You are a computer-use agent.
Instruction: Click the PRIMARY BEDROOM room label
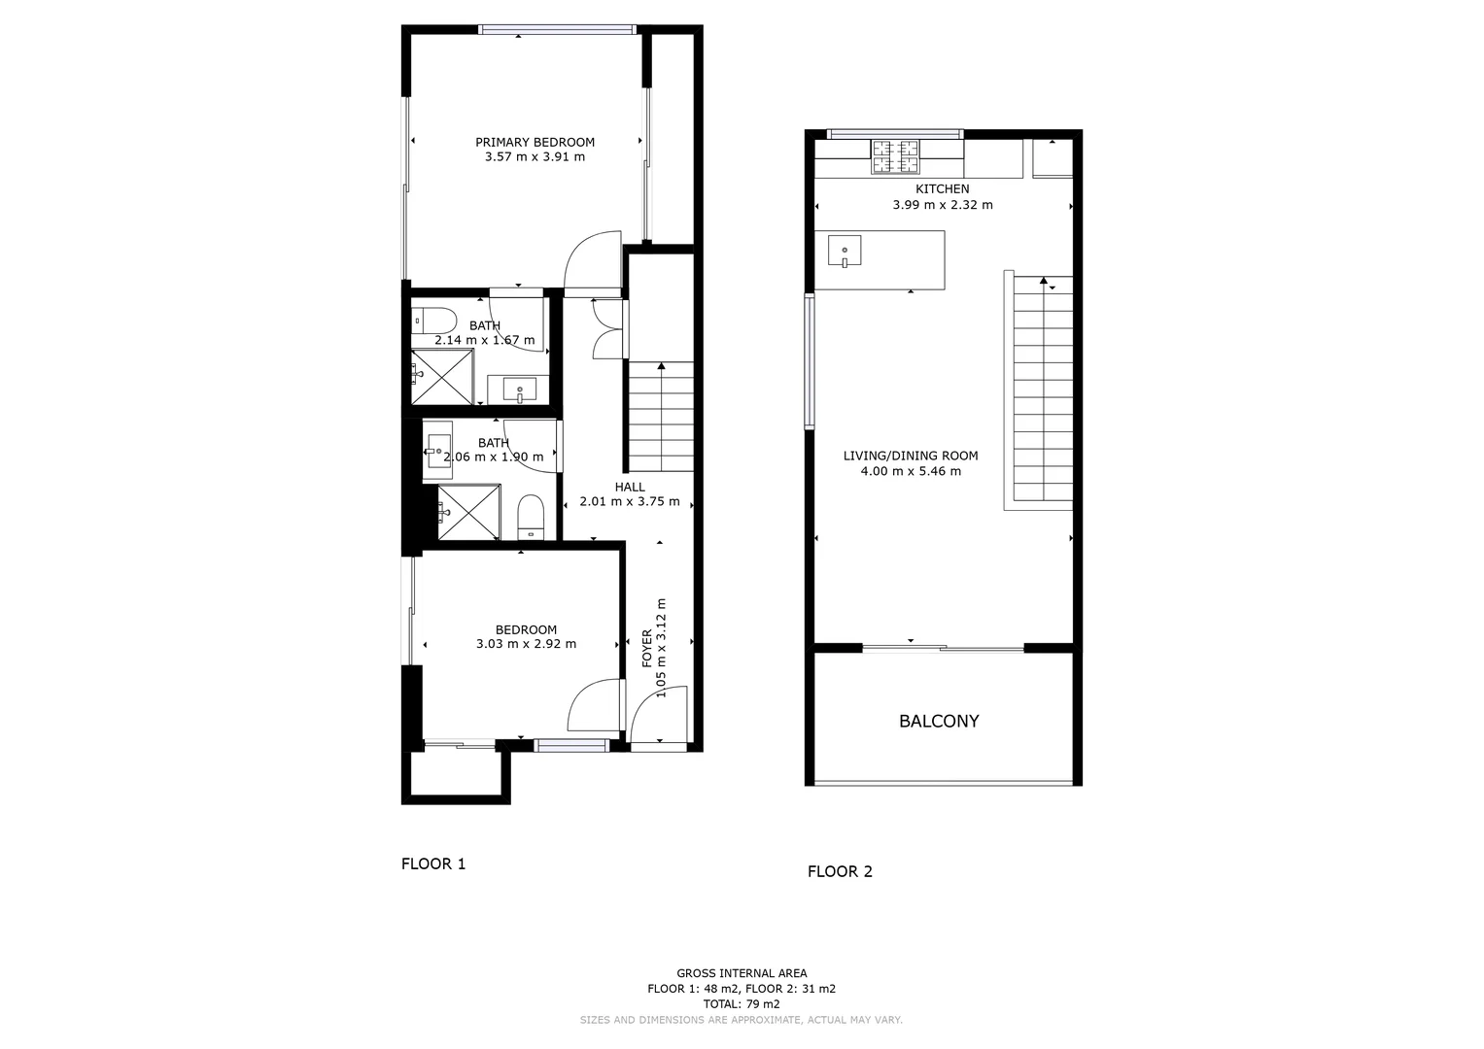point(535,142)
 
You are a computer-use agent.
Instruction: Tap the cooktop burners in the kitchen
point(894,157)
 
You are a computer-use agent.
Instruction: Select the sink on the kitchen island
point(844,251)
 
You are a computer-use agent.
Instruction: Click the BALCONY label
point(938,721)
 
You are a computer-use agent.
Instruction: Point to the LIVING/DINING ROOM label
point(910,456)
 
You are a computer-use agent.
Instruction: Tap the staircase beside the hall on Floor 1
point(661,416)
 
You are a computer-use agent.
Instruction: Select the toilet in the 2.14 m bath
point(433,321)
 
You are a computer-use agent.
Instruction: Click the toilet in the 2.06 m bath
point(531,517)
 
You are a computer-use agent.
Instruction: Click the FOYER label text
point(647,648)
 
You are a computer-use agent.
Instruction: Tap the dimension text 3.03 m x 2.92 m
point(526,644)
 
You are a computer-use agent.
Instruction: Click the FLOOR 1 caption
point(433,863)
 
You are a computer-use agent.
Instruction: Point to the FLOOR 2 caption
point(840,871)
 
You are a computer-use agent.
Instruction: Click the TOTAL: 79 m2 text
point(742,1003)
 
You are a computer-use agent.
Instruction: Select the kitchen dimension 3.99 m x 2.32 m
point(942,205)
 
